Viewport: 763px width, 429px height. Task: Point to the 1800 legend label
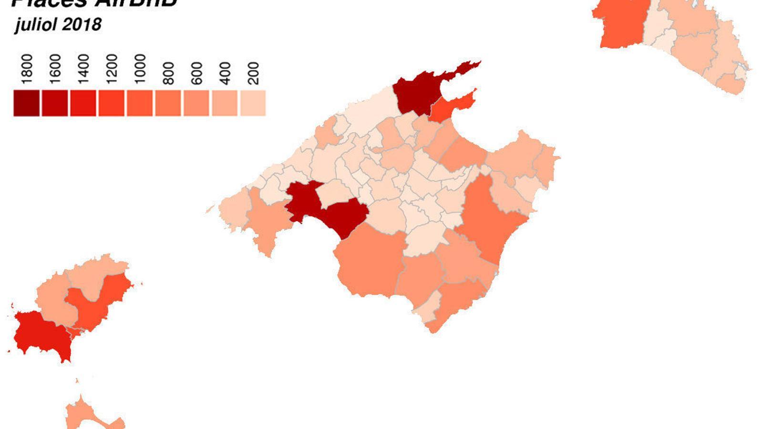point(26,69)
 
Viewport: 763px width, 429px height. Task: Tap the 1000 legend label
point(140,69)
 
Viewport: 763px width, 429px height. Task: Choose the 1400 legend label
point(83,69)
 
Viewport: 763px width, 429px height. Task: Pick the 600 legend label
point(196,73)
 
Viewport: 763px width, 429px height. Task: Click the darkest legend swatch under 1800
point(26,103)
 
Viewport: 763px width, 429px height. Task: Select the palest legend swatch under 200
point(253,103)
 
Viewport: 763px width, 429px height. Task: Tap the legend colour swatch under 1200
point(111,103)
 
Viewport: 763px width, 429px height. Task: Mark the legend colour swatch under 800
point(168,103)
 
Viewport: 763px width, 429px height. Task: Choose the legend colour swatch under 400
point(225,103)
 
